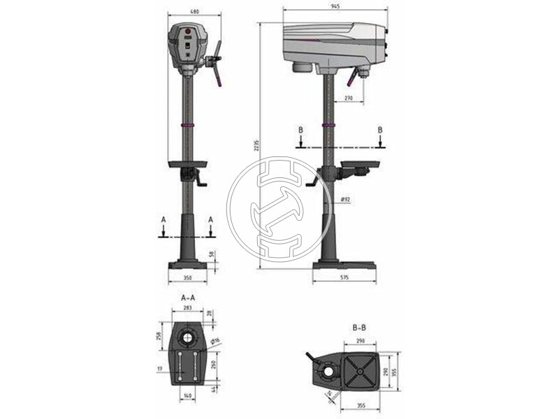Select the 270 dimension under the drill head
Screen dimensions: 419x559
coord(349,99)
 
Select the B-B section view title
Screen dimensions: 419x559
coord(361,325)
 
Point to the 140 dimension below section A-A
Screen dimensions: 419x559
coord(187,396)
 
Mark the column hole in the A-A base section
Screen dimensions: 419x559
coord(187,339)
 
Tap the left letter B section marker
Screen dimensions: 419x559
coord(299,130)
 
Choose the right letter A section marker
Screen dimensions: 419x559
coord(211,219)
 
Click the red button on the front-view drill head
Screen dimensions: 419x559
coord(187,32)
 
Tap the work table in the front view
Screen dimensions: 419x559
coord(187,164)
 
